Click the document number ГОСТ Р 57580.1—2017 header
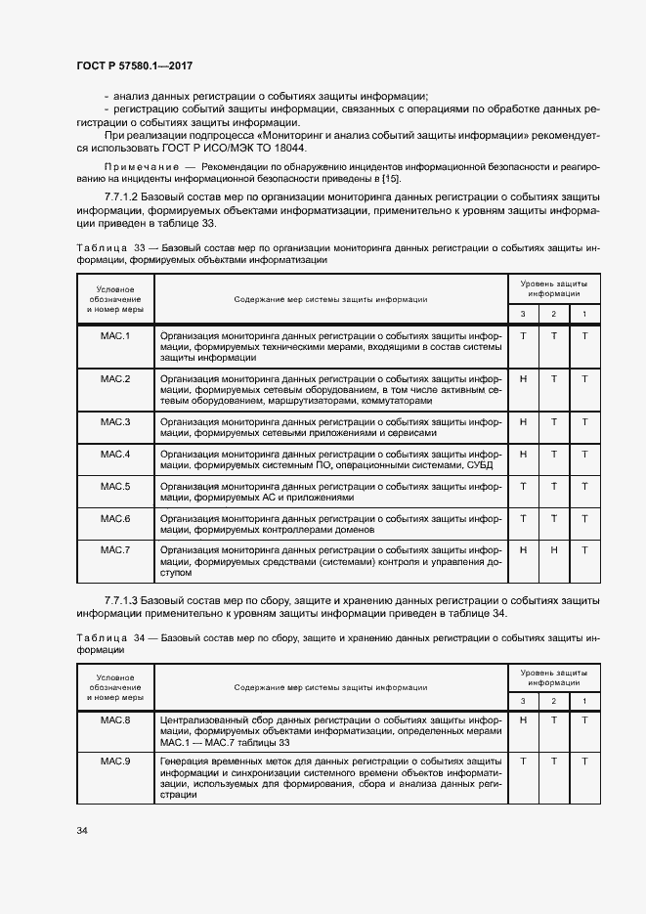pos(134,65)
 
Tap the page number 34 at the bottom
pos(81,831)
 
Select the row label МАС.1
pos(115,336)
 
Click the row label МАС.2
pos(115,378)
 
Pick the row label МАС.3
pos(115,421)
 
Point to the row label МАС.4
pos(115,454)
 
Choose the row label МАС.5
pos(115,486)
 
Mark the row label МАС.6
pos(115,518)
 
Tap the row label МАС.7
pos(115,550)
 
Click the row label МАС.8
pos(115,720)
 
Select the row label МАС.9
pos(115,762)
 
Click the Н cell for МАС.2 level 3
pos(523,378)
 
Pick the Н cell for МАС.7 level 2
pos(554,550)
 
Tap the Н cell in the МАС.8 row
pos(523,720)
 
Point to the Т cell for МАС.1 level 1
pos(584,336)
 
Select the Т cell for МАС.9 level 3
pos(523,762)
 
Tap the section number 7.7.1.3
pos(120,599)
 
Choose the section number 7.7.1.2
pos(120,197)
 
